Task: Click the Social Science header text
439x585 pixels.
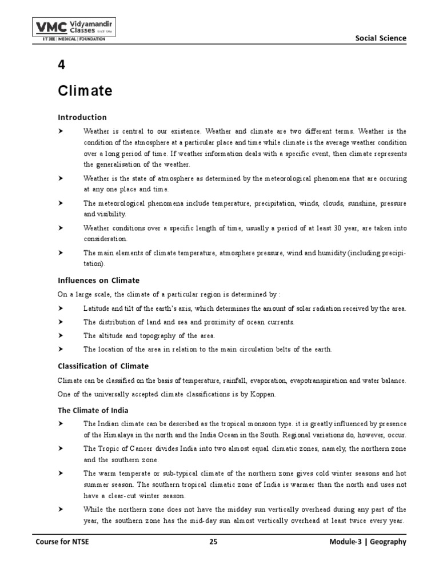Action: point(381,38)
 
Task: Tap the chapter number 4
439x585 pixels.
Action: point(61,65)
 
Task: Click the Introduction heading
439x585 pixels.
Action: point(82,117)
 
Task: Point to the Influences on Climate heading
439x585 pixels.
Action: point(98,280)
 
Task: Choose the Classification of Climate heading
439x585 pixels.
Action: point(103,366)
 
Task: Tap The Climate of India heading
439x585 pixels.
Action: point(93,410)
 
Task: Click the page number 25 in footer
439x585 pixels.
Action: point(213,542)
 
